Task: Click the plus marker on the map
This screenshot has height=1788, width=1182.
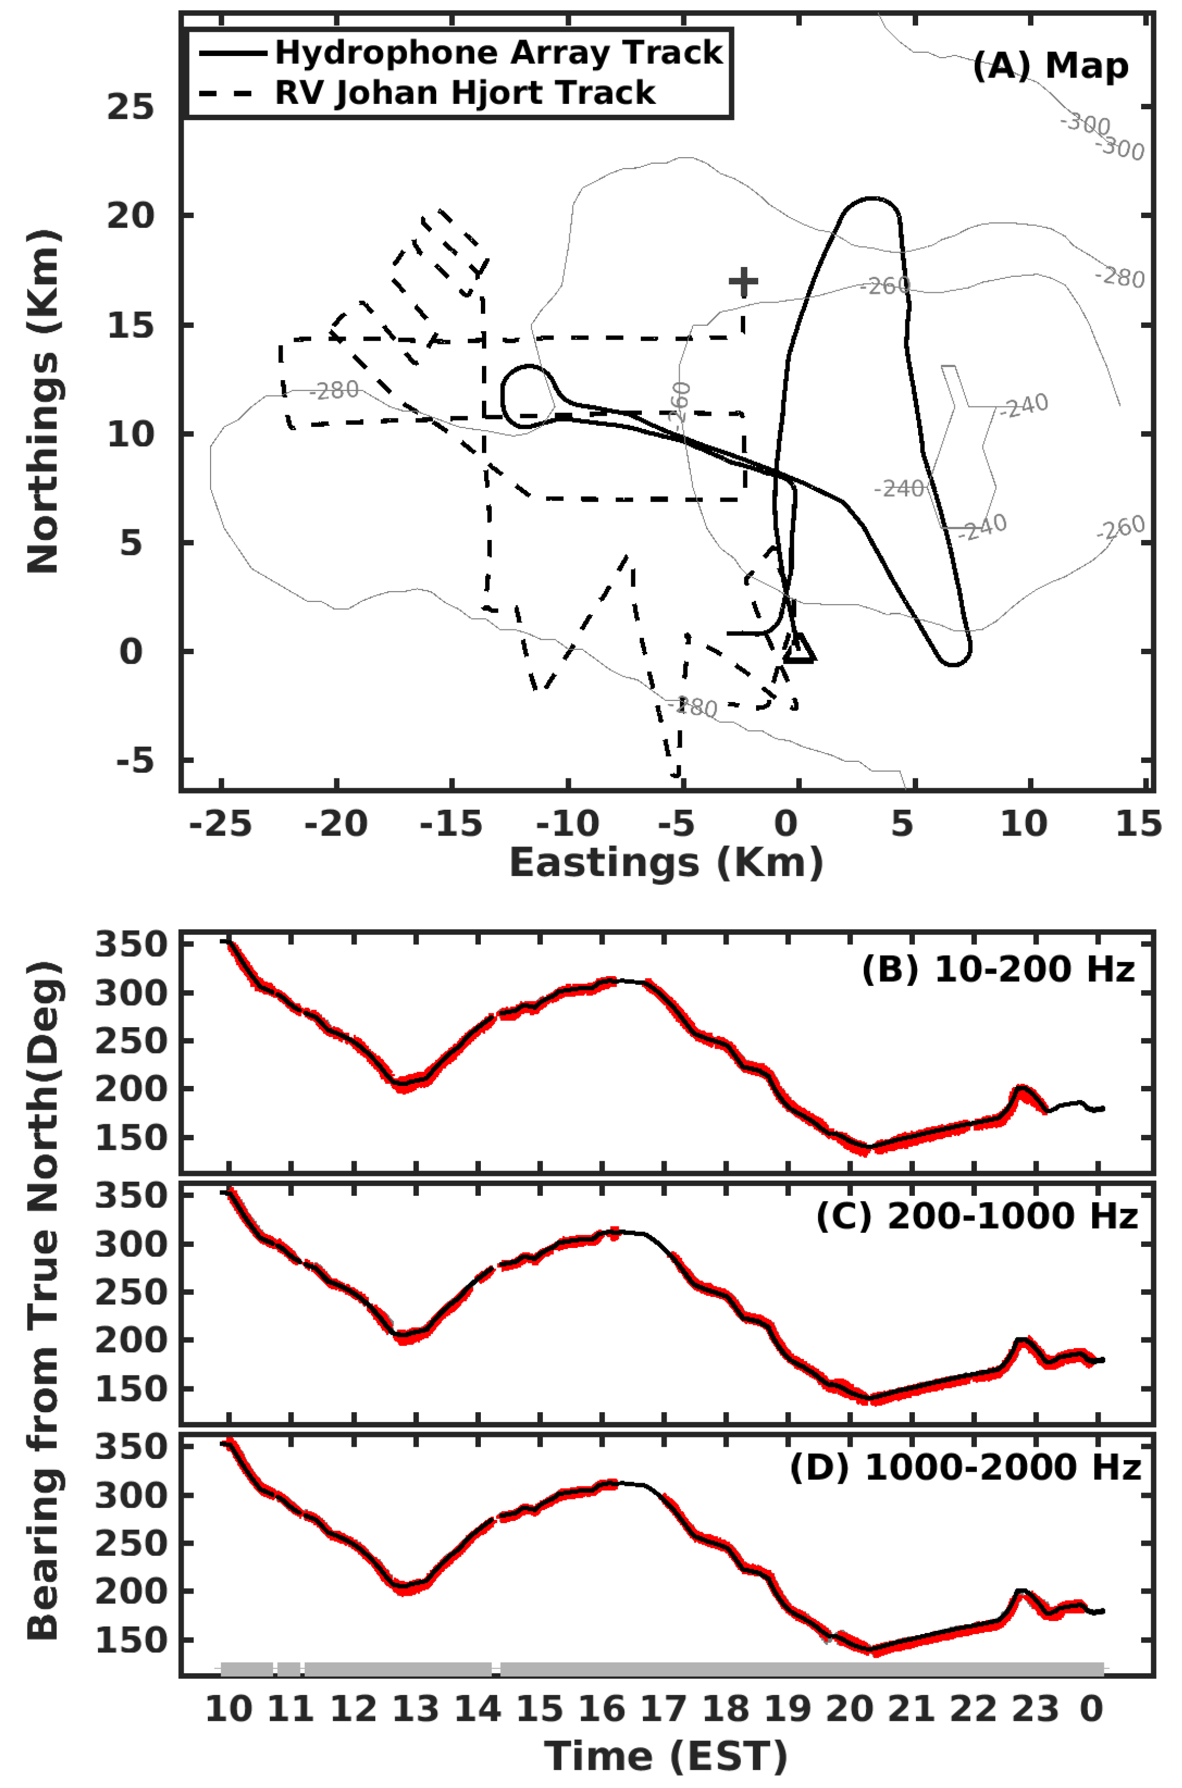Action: click(743, 282)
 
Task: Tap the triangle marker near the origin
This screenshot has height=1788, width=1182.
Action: click(799, 649)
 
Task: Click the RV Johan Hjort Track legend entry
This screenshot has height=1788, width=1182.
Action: click(464, 93)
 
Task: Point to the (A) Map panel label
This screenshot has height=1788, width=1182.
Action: click(1050, 66)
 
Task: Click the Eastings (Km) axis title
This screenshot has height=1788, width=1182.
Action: click(666, 862)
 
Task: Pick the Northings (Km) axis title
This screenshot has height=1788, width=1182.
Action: click(43, 402)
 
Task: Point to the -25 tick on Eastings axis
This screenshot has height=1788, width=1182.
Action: click(220, 824)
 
